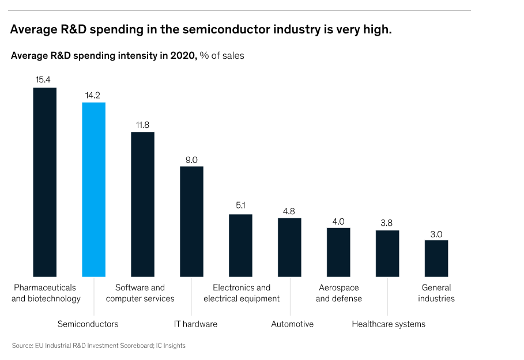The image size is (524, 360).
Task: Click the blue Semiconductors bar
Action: click(x=93, y=190)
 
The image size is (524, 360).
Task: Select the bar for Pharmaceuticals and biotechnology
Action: click(x=44, y=182)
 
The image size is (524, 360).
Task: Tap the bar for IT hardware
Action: click(x=191, y=221)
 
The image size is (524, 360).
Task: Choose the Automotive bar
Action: click(x=289, y=247)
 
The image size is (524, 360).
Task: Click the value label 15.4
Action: click(x=44, y=79)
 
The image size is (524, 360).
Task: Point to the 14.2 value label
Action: click(x=93, y=94)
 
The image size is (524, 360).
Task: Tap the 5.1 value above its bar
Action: click(x=240, y=206)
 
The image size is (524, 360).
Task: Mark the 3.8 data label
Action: click(x=387, y=222)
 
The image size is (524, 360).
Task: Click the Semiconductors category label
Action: click(x=88, y=324)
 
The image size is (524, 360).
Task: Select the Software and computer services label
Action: click(x=140, y=293)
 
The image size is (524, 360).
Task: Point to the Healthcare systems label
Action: click(x=389, y=324)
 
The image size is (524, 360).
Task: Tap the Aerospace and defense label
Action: click(x=339, y=293)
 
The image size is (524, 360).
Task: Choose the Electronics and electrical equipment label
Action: click(x=242, y=293)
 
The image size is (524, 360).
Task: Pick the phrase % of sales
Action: click(x=222, y=56)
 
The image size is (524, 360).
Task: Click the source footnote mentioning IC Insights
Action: click(x=99, y=346)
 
